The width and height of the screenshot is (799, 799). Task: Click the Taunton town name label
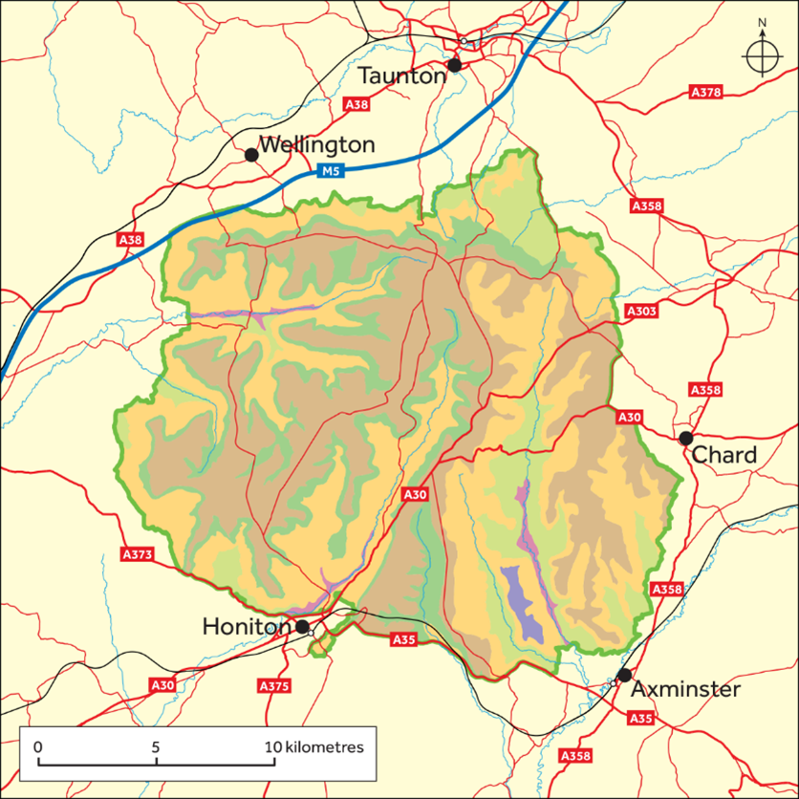point(400,76)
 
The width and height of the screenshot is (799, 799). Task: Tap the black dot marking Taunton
point(455,65)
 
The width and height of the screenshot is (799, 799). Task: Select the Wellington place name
point(316,146)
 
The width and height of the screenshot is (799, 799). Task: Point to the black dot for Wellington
point(251,155)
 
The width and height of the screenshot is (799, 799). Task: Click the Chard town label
point(723,455)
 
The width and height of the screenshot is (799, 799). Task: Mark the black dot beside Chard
point(685,439)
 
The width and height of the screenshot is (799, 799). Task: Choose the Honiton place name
point(246,627)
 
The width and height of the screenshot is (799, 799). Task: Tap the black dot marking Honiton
point(303,627)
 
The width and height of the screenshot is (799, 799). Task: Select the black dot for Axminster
point(624,675)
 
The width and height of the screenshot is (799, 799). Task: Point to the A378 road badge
point(706,93)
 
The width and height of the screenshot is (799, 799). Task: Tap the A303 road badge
point(642,312)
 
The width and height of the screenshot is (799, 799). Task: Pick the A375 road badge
point(274,686)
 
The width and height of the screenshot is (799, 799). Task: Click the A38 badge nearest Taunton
point(356,103)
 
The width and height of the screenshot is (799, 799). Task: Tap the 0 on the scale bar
point(37,746)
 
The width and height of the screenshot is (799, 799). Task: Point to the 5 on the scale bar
point(155,746)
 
